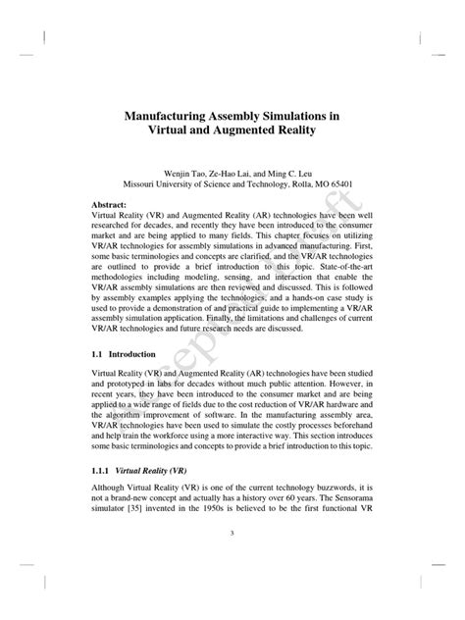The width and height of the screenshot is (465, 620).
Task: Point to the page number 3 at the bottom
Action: tap(232, 560)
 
